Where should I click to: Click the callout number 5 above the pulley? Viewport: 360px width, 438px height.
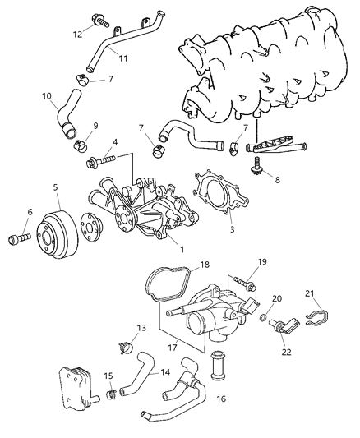[x=56, y=187]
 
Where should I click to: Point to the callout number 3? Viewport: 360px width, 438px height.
[x=233, y=230]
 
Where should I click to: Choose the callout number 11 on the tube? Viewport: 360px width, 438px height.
[x=122, y=59]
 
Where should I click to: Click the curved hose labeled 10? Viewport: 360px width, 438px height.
[x=67, y=115]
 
